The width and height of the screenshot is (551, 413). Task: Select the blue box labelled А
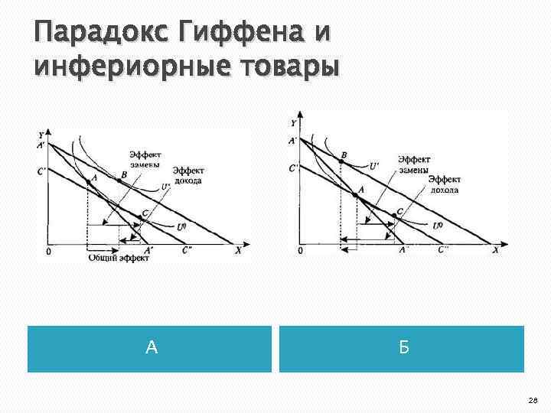coord(150,349)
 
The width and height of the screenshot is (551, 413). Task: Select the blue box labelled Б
coord(402,349)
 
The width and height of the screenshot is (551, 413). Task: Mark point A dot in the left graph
coord(88,184)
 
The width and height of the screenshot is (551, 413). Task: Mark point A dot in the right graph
coord(354,196)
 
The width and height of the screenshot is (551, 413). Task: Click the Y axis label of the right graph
coord(295,122)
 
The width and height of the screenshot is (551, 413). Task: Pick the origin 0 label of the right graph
coord(299,251)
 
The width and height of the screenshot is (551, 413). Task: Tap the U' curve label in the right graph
coord(374,164)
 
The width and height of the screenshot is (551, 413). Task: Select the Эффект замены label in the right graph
coord(413,164)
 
